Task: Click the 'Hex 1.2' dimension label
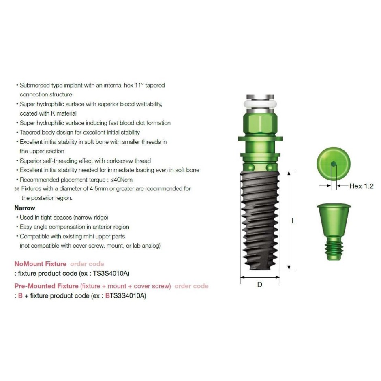[x=361, y=186]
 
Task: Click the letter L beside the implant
[x=293, y=221]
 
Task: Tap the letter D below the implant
[x=260, y=284]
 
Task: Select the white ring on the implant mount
[x=260, y=104]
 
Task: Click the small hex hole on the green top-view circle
[x=333, y=164]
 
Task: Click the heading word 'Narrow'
[x=25, y=208]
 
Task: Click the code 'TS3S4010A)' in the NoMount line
[x=111, y=273]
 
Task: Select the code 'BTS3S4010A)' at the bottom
[x=126, y=296]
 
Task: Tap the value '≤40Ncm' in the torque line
[x=121, y=180]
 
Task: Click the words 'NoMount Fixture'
[x=41, y=264]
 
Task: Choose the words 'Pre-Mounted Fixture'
[x=47, y=286]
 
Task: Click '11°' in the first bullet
[x=139, y=85]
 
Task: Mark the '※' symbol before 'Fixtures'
[x=17, y=189]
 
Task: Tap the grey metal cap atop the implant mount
[x=260, y=97]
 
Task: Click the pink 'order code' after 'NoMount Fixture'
[x=87, y=264]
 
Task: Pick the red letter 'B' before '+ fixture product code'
[x=20, y=296]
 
